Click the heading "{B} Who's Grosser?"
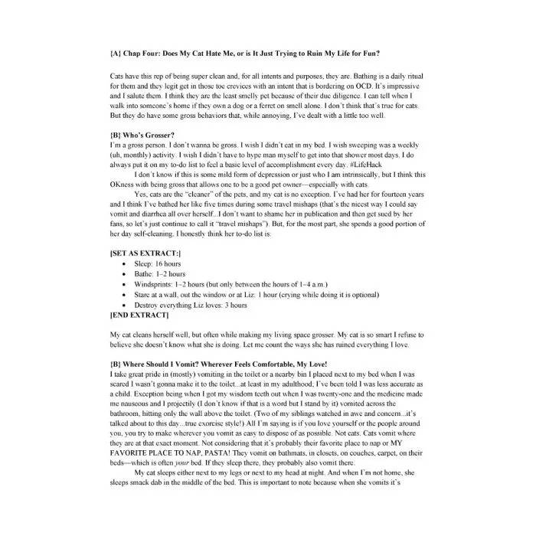[142, 135]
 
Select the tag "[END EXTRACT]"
[139, 315]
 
